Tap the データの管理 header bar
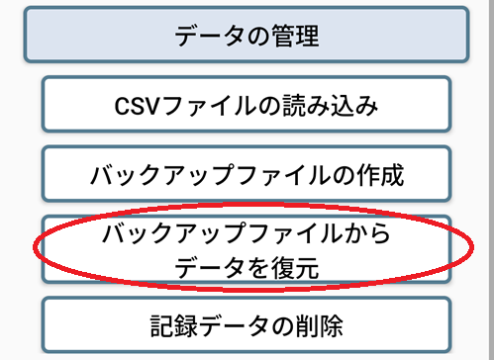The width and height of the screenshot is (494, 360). click(247, 37)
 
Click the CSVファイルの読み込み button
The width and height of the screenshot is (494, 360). click(247, 106)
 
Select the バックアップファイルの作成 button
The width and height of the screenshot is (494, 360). click(247, 177)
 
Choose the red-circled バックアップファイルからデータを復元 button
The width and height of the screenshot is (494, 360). click(247, 251)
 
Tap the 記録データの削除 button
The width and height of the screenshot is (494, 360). click(247, 324)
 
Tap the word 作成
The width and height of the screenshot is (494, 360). click(382, 177)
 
